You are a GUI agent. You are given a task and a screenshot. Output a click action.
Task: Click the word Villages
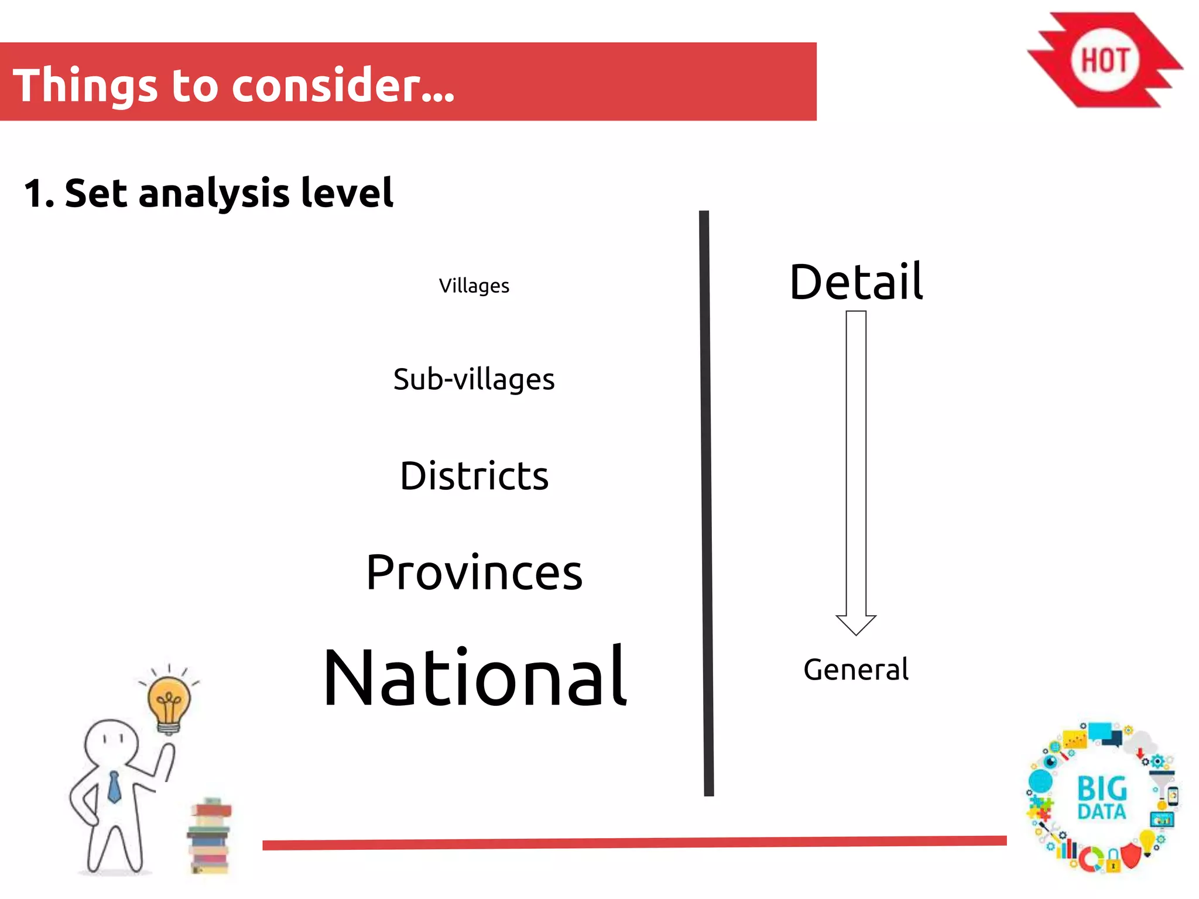pyautogui.click(x=474, y=286)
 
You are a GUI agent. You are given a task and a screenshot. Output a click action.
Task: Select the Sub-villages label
pyautogui.click(x=474, y=379)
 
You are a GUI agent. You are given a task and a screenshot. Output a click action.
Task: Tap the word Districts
pyautogui.click(x=474, y=475)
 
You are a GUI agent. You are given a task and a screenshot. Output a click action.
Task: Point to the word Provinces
pyautogui.click(x=474, y=572)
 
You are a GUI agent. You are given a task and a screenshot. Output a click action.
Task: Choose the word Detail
pyautogui.click(x=856, y=282)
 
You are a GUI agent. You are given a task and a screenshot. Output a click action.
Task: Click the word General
pyautogui.click(x=856, y=669)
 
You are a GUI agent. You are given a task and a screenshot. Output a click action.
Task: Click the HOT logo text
pyautogui.click(x=1105, y=60)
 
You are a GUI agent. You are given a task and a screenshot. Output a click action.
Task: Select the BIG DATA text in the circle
pyautogui.click(x=1102, y=798)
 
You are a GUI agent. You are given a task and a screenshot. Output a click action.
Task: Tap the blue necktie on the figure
pyautogui.click(x=114, y=787)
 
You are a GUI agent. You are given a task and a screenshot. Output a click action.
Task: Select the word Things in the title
pyautogui.click(x=85, y=85)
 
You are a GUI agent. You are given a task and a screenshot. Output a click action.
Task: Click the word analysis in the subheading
pyautogui.click(x=214, y=193)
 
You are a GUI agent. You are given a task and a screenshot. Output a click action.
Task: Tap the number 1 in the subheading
pyautogui.click(x=33, y=194)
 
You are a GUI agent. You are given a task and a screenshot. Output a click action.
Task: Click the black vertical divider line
pyautogui.click(x=707, y=503)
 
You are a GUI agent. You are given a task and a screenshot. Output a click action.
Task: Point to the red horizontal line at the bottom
pyautogui.click(x=634, y=843)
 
